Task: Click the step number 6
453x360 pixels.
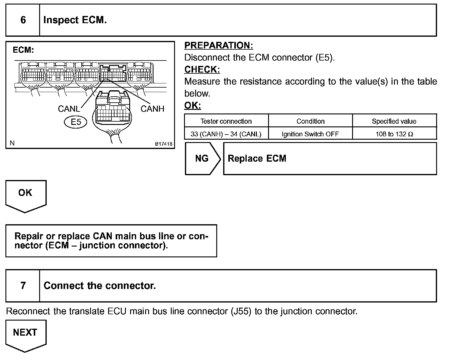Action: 23,20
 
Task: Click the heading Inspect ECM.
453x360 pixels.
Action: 75,20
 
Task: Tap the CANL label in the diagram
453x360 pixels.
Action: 69,109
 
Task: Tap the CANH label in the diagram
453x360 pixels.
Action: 152,109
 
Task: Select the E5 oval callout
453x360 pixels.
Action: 76,122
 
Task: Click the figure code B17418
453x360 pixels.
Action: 164,144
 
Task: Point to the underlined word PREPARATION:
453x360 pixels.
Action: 219,45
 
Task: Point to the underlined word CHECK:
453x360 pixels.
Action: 202,70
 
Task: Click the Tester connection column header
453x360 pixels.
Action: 226,121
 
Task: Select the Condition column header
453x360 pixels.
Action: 311,121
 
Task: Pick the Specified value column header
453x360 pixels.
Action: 394,121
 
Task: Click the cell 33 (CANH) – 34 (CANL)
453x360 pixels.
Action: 226,134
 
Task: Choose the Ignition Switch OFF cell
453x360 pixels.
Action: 310,134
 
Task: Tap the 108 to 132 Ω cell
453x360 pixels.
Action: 394,134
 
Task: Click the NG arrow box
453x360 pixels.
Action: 202,159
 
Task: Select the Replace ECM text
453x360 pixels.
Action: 257,159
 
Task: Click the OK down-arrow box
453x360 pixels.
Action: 25,194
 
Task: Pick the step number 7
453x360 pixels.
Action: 23,286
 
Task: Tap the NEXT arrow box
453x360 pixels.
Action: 25,334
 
